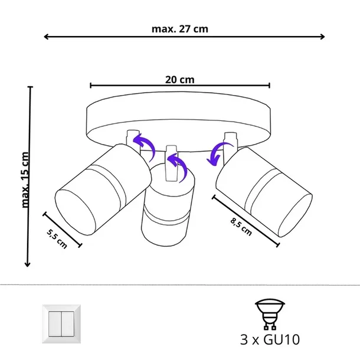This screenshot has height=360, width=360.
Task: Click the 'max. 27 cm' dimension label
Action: tap(179, 28)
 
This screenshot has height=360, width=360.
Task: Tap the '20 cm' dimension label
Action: tap(180, 79)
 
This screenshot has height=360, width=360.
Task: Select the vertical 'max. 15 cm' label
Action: tap(25, 179)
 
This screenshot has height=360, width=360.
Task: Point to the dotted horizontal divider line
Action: tap(180, 285)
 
